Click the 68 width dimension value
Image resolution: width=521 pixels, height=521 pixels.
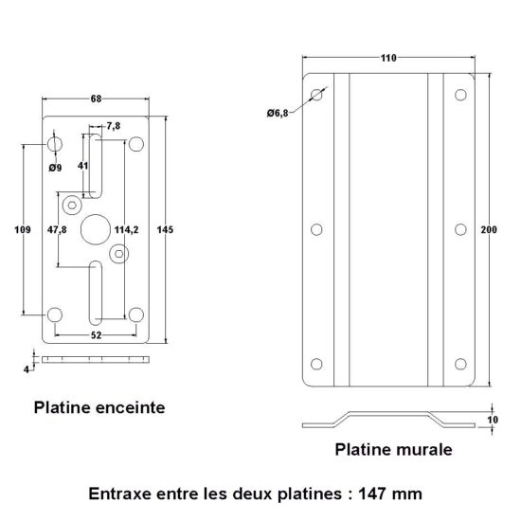[96, 99]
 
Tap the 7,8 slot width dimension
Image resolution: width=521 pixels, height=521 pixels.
[114, 126]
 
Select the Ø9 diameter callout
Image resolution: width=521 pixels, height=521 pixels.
[55, 168]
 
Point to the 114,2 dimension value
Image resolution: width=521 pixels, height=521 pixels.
[126, 229]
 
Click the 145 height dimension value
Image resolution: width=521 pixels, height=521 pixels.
[165, 229]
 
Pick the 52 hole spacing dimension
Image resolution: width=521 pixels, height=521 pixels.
[96, 335]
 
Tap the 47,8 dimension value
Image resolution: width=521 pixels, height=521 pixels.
[57, 229]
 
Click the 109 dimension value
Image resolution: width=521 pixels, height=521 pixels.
[23, 229]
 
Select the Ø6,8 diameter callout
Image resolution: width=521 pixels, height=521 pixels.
[278, 114]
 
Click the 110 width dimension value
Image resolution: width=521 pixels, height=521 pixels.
[388, 58]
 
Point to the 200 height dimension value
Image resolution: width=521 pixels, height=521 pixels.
[489, 229]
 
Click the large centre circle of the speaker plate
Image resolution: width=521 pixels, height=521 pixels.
[96, 229]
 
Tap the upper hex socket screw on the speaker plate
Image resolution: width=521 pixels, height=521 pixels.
[72, 205]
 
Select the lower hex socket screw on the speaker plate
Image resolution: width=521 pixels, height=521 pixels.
[119, 254]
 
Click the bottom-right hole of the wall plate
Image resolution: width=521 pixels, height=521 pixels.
[460, 364]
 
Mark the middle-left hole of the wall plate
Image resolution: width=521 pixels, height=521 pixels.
[316, 229]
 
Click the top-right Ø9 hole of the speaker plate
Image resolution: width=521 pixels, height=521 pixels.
[136, 144]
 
